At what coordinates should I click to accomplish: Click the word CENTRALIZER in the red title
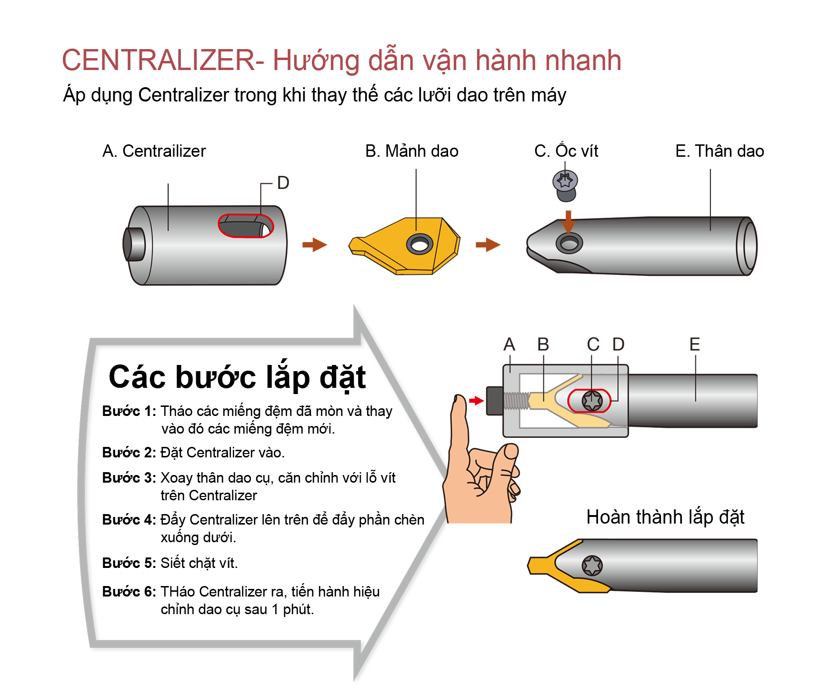pos(159,61)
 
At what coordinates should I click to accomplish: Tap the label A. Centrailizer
pos(154,151)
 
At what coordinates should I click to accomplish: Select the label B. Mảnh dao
pos(411,151)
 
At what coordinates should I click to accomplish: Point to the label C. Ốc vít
pos(566,151)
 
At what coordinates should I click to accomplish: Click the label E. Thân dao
pos(719,151)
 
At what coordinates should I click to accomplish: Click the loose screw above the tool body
pos(565,184)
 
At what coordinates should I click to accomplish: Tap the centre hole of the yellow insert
pos(419,245)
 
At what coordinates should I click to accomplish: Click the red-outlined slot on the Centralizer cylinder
pos(245,226)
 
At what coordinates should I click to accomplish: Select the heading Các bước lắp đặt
pos(237,377)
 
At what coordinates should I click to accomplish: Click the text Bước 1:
pos(129,411)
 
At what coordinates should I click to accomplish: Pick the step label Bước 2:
pos(129,453)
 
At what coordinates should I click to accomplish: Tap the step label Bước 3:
pos(129,478)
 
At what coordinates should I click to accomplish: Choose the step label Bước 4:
pos(129,520)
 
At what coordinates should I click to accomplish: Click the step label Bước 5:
pos(129,563)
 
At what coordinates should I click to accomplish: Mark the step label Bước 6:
pos(129,592)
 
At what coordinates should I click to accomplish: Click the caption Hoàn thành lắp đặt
pos(665,517)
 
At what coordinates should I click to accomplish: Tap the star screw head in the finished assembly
pos(592,566)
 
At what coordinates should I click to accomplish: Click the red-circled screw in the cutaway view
pos(592,401)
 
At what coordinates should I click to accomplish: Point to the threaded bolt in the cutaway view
pos(515,401)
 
